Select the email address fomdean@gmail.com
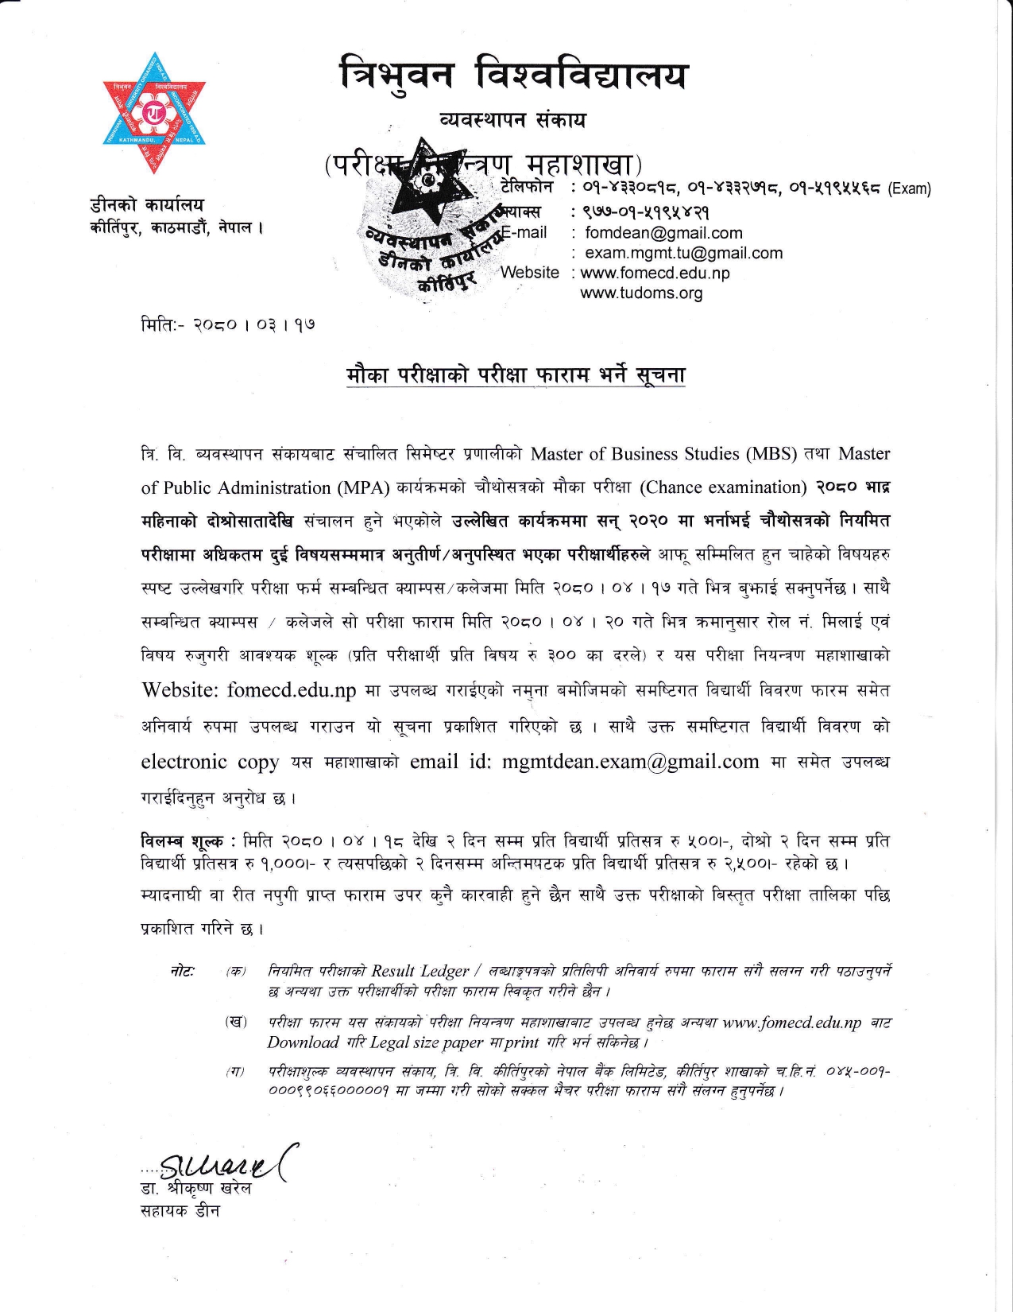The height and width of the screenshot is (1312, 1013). pyautogui.click(x=663, y=233)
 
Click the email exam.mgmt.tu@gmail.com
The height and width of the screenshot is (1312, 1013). pyautogui.click(x=683, y=253)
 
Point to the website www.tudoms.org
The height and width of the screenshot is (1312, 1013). pyautogui.click(x=641, y=293)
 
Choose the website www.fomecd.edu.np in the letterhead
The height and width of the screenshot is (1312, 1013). pyautogui.click(x=655, y=273)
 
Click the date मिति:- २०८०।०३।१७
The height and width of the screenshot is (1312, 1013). pyautogui.click(x=227, y=325)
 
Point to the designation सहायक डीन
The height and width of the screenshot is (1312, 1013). pyautogui.click(x=180, y=1211)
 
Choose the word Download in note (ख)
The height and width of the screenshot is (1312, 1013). pyautogui.click(x=303, y=1042)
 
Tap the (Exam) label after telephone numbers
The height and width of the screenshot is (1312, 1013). pyautogui.click(x=909, y=189)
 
